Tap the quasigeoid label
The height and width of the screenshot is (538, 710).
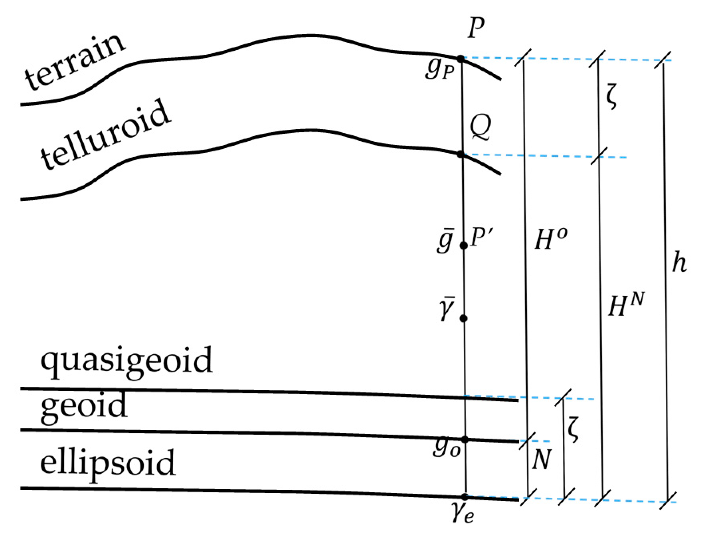[127, 362]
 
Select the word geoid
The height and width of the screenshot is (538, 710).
[84, 407]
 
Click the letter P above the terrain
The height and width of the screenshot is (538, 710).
[476, 28]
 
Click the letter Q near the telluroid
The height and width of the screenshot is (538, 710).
[480, 127]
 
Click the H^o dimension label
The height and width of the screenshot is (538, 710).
[550, 239]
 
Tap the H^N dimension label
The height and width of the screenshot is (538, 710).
[626, 305]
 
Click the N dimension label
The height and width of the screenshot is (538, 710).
[542, 460]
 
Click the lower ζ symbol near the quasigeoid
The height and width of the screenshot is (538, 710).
[574, 429]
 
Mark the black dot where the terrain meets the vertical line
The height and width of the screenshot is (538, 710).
[461, 59]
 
